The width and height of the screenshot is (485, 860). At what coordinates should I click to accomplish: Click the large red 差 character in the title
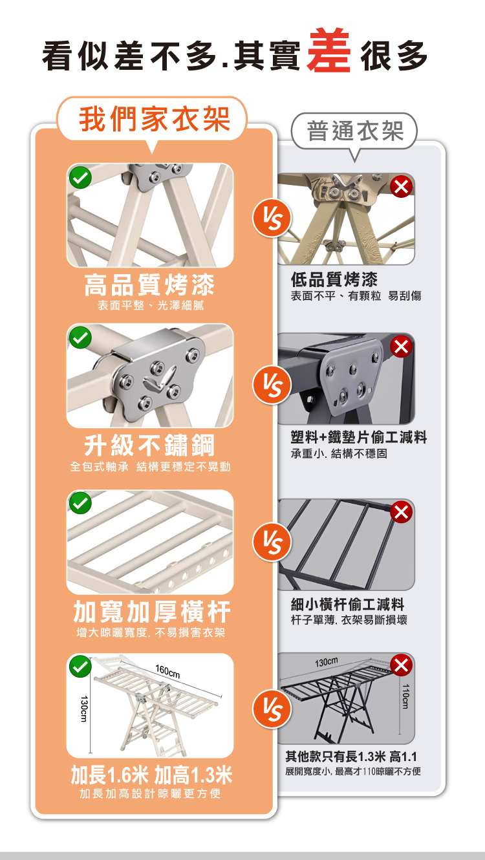[x=329, y=50]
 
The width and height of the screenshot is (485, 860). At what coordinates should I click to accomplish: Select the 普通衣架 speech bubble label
[x=355, y=131]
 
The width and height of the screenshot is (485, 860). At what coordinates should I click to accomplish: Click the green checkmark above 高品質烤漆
[x=80, y=177]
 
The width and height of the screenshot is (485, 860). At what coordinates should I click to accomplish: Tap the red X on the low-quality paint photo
[x=402, y=187]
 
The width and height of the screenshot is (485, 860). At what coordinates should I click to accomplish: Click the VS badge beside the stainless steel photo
[x=272, y=385]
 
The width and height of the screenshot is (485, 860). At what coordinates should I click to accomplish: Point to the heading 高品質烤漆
[x=149, y=285]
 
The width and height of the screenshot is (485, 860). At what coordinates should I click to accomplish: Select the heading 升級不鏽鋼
[x=149, y=446]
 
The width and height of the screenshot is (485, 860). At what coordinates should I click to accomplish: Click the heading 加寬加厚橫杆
[x=152, y=612]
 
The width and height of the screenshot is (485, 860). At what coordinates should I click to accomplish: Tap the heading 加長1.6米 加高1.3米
[x=152, y=775]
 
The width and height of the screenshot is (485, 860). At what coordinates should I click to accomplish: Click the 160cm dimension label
[x=168, y=671]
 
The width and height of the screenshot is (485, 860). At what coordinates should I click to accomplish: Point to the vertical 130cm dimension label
[x=84, y=709]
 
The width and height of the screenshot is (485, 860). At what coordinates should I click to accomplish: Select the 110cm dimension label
[x=405, y=696]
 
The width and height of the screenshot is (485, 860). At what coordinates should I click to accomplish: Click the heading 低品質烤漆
[x=334, y=279]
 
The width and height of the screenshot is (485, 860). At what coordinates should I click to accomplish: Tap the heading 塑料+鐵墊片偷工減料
[x=359, y=437]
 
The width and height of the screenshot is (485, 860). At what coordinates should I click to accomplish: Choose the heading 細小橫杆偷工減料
[x=347, y=605]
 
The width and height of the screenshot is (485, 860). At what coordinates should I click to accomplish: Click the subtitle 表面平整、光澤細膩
[x=151, y=305]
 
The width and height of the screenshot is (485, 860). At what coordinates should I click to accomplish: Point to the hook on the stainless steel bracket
[x=160, y=379]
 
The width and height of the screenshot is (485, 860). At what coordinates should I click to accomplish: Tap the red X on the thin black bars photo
[x=402, y=511]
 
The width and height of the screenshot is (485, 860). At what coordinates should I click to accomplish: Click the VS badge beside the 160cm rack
[x=272, y=709]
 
